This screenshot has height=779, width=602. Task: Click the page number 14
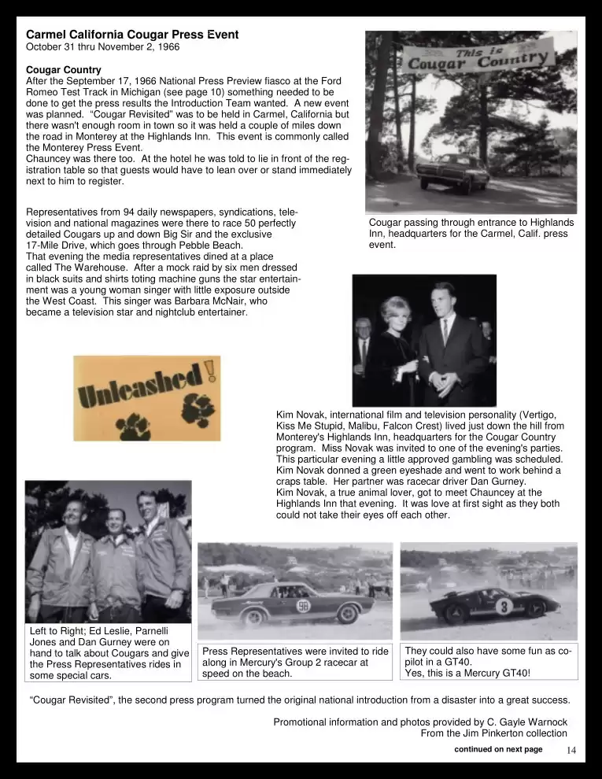click(x=571, y=750)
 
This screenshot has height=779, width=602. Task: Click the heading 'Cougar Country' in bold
click(x=63, y=70)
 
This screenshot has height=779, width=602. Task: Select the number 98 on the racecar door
click(x=303, y=606)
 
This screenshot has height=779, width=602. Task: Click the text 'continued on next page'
click(x=498, y=749)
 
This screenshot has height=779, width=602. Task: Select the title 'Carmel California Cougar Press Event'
click(x=132, y=35)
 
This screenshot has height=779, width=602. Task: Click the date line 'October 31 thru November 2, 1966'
click(x=102, y=47)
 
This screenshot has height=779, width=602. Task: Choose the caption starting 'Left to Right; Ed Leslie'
click(x=108, y=653)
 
